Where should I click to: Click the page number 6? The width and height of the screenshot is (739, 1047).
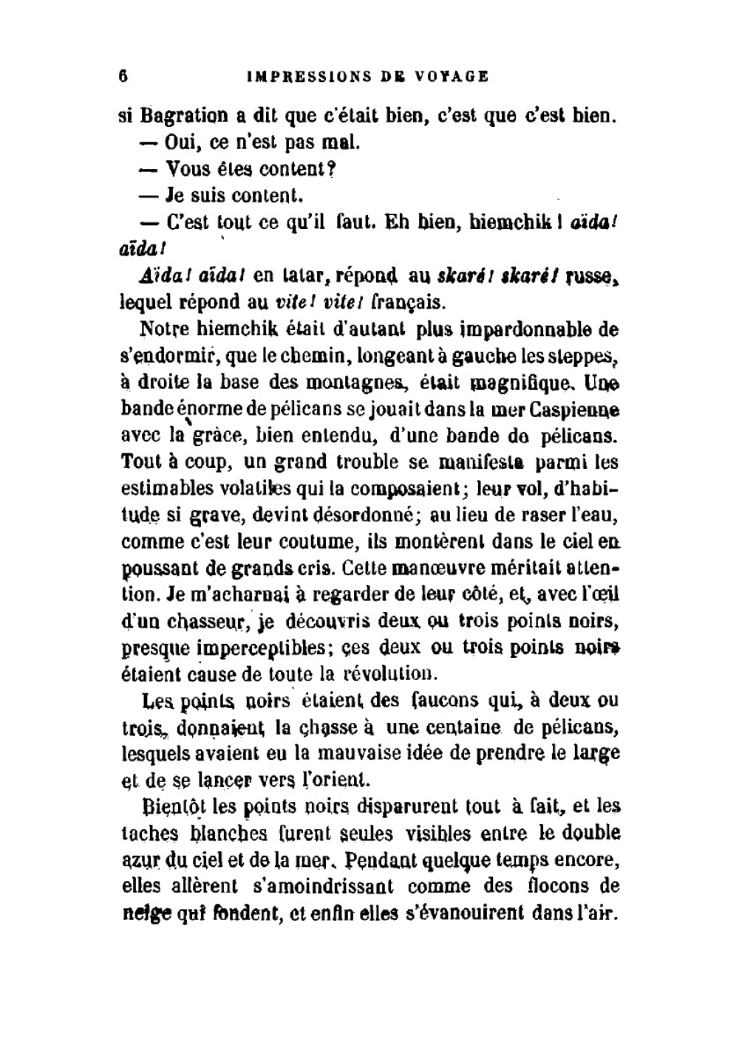pos(123,76)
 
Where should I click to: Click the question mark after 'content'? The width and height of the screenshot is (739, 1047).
pos(332,169)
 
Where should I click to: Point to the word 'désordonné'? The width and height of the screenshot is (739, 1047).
pos(365,515)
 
